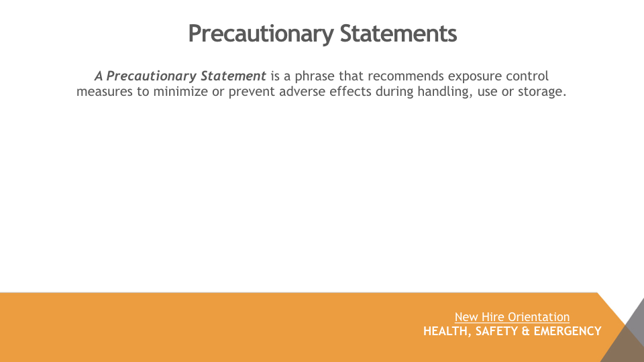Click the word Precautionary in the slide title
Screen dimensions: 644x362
(261, 34)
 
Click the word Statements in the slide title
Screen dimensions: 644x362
(398, 34)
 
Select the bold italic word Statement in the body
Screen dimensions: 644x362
(233, 76)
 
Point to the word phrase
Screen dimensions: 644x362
(315, 76)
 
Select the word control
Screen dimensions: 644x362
(527, 76)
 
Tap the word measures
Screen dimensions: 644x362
(105, 92)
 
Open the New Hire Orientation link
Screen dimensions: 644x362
(512, 317)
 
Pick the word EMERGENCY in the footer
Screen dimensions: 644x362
(568, 330)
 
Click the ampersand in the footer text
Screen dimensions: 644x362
(526, 331)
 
